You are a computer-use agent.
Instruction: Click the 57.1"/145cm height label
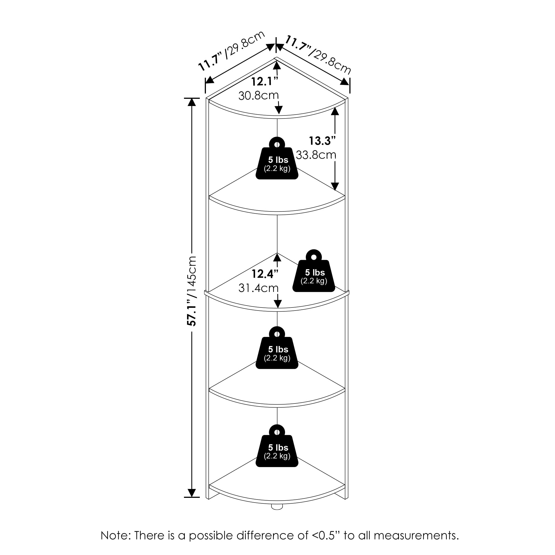pyautogui.click(x=191, y=291)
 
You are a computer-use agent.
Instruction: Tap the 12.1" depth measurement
pyautogui.click(x=265, y=82)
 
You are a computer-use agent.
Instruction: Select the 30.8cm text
pyautogui.click(x=259, y=96)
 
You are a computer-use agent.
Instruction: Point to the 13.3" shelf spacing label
pyautogui.click(x=322, y=141)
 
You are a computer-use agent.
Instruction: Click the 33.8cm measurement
pyautogui.click(x=316, y=155)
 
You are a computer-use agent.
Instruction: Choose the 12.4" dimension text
pyautogui.click(x=265, y=274)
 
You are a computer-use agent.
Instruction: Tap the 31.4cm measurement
pyautogui.click(x=259, y=288)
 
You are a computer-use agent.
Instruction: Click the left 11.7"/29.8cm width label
pyautogui.click(x=231, y=51)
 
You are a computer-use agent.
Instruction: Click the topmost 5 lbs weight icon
pyautogui.click(x=277, y=160)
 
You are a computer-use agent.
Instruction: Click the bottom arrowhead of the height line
pyautogui.click(x=191, y=493)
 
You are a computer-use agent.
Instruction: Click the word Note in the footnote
pyautogui.click(x=114, y=536)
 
